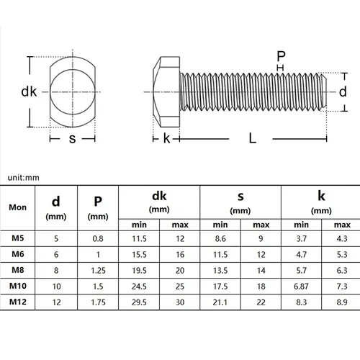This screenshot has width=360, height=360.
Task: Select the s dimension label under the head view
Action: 72,139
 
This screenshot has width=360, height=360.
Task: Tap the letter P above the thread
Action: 281,55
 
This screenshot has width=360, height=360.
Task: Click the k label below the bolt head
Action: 166,139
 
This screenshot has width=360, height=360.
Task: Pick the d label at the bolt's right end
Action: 343,91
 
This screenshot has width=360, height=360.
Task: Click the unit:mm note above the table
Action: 23,177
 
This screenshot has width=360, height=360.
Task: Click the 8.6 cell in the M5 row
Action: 220,238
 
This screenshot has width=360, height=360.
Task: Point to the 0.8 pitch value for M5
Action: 97,238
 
